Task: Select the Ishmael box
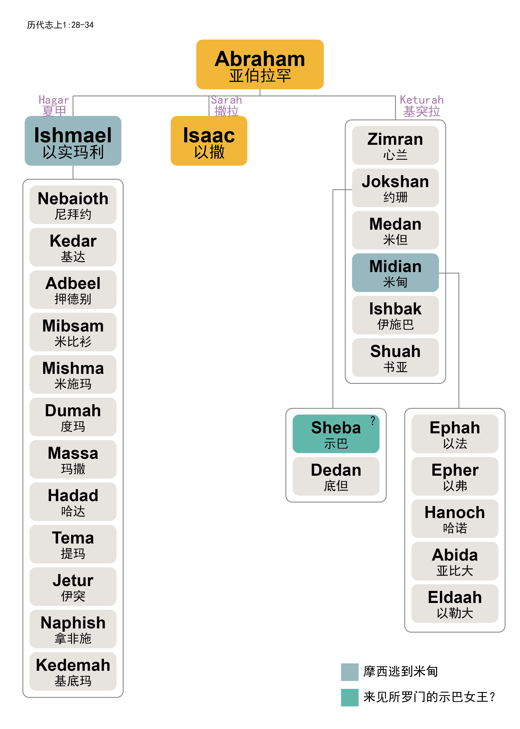(x=73, y=141)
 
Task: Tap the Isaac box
(x=209, y=141)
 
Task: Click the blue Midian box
(x=395, y=273)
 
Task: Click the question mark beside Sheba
(x=373, y=420)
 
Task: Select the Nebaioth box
(x=73, y=205)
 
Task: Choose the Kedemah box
(x=73, y=671)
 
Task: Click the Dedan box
(x=336, y=476)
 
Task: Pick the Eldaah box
(x=455, y=604)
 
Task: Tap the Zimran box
(x=395, y=145)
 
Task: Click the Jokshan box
(x=395, y=188)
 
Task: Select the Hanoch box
(x=455, y=518)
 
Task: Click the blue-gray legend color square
(x=349, y=672)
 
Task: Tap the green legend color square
(x=349, y=697)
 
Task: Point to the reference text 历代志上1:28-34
(x=60, y=25)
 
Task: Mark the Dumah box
(x=73, y=417)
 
